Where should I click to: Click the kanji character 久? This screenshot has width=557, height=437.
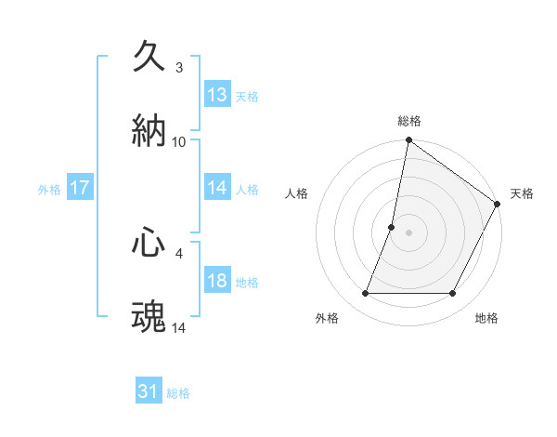coord(149,57)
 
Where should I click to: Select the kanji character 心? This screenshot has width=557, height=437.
coord(149,243)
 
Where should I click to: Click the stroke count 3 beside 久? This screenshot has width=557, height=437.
coord(179,67)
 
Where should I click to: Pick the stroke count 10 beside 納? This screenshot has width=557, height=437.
coord(179,141)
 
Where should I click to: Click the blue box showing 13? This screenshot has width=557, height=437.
coord(217,95)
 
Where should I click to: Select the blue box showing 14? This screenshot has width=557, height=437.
coord(217,188)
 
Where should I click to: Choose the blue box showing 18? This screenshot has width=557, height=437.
coord(217,281)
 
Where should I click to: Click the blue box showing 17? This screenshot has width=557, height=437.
coord(80,188)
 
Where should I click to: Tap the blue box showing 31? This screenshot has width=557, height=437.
coord(149,391)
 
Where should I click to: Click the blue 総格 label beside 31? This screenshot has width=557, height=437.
coord(179,393)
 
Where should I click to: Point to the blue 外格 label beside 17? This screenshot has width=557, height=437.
coord(49,189)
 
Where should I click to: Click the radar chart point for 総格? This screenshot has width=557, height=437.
coord(408,140)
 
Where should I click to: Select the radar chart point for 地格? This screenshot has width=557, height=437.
coord(453,294)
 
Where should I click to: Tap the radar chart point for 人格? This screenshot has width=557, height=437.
coord(392,227)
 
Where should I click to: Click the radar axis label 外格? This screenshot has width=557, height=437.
coord(327,318)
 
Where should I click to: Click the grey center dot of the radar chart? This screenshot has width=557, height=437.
coord(408,232)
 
